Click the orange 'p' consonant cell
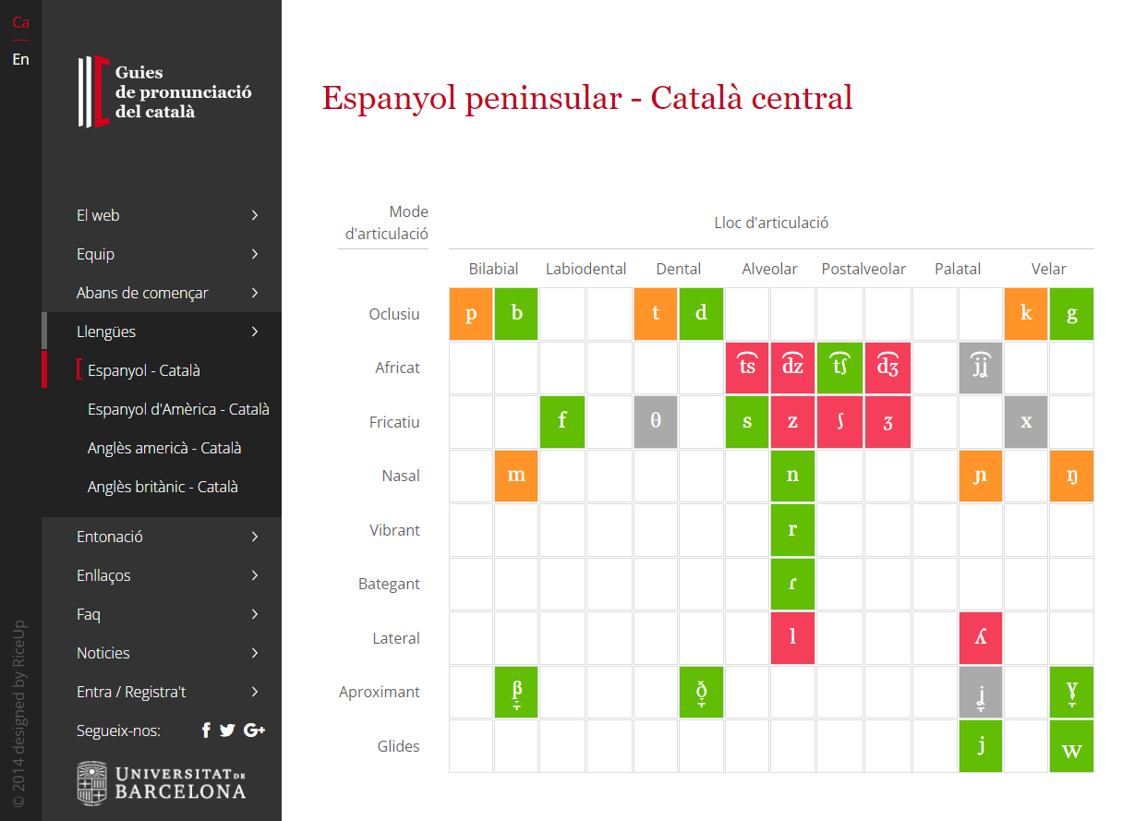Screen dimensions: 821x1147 coord(471,313)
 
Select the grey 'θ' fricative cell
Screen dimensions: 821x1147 coord(656,421)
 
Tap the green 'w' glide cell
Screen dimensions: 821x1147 coord(1071,746)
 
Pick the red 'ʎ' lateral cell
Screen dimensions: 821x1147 coord(980,638)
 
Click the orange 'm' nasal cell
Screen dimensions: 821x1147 coord(516,476)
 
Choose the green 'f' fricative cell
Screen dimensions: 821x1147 coord(562,421)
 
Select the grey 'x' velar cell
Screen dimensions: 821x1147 coord(1026,421)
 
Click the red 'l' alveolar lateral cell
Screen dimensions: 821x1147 coord(792,638)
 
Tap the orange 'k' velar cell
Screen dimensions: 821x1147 coord(1026,313)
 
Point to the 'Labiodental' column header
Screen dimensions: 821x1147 coord(586,269)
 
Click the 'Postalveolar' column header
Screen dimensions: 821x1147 coord(863,269)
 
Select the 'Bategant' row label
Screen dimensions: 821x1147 coord(389,584)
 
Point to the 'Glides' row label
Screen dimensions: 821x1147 coord(398,746)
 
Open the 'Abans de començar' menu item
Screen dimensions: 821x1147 coord(142,293)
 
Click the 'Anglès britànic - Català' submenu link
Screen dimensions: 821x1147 coord(163,487)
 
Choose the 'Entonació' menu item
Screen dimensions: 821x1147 coord(110,537)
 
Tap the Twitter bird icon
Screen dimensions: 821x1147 coord(227,730)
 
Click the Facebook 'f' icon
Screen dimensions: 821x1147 coord(206,730)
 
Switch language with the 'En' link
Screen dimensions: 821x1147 coord(20,59)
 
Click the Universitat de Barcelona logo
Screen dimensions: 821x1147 coord(162,782)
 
